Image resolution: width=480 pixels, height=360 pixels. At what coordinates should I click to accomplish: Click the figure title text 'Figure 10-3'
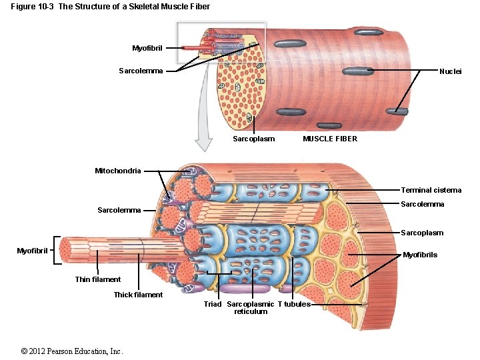[33, 7]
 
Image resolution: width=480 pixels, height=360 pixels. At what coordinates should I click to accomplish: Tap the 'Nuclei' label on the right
[450, 71]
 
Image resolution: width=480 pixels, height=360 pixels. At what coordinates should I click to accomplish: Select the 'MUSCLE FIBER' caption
[330, 139]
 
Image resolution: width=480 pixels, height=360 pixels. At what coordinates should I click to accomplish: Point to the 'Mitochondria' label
[117, 171]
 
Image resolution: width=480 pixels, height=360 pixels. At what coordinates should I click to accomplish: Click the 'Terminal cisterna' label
[431, 191]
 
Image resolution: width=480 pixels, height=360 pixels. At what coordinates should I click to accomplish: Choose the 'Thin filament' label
[98, 279]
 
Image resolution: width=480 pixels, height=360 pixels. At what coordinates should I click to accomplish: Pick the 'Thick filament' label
[138, 295]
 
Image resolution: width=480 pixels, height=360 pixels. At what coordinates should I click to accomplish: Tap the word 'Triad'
[213, 304]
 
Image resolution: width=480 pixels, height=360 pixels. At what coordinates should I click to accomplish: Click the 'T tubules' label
[294, 304]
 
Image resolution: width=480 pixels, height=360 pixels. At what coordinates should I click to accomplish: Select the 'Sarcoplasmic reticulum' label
[251, 308]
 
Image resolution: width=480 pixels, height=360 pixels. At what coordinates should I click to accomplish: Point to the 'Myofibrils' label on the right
[421, 255]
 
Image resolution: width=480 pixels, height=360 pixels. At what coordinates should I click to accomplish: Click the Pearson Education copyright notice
[72, 351]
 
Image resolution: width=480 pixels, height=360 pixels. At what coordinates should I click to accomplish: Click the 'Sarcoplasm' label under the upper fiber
[253, 139]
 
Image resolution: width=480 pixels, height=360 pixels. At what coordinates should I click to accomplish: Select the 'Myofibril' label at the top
[147, 48]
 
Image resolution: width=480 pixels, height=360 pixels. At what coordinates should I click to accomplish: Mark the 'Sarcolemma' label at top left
[141, 71]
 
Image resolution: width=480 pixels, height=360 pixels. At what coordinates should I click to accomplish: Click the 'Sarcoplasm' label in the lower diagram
[422, 233]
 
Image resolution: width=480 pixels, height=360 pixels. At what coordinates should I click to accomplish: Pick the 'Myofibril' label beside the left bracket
[32, 251]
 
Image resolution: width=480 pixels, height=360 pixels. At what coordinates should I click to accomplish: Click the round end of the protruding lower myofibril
[67, 251]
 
